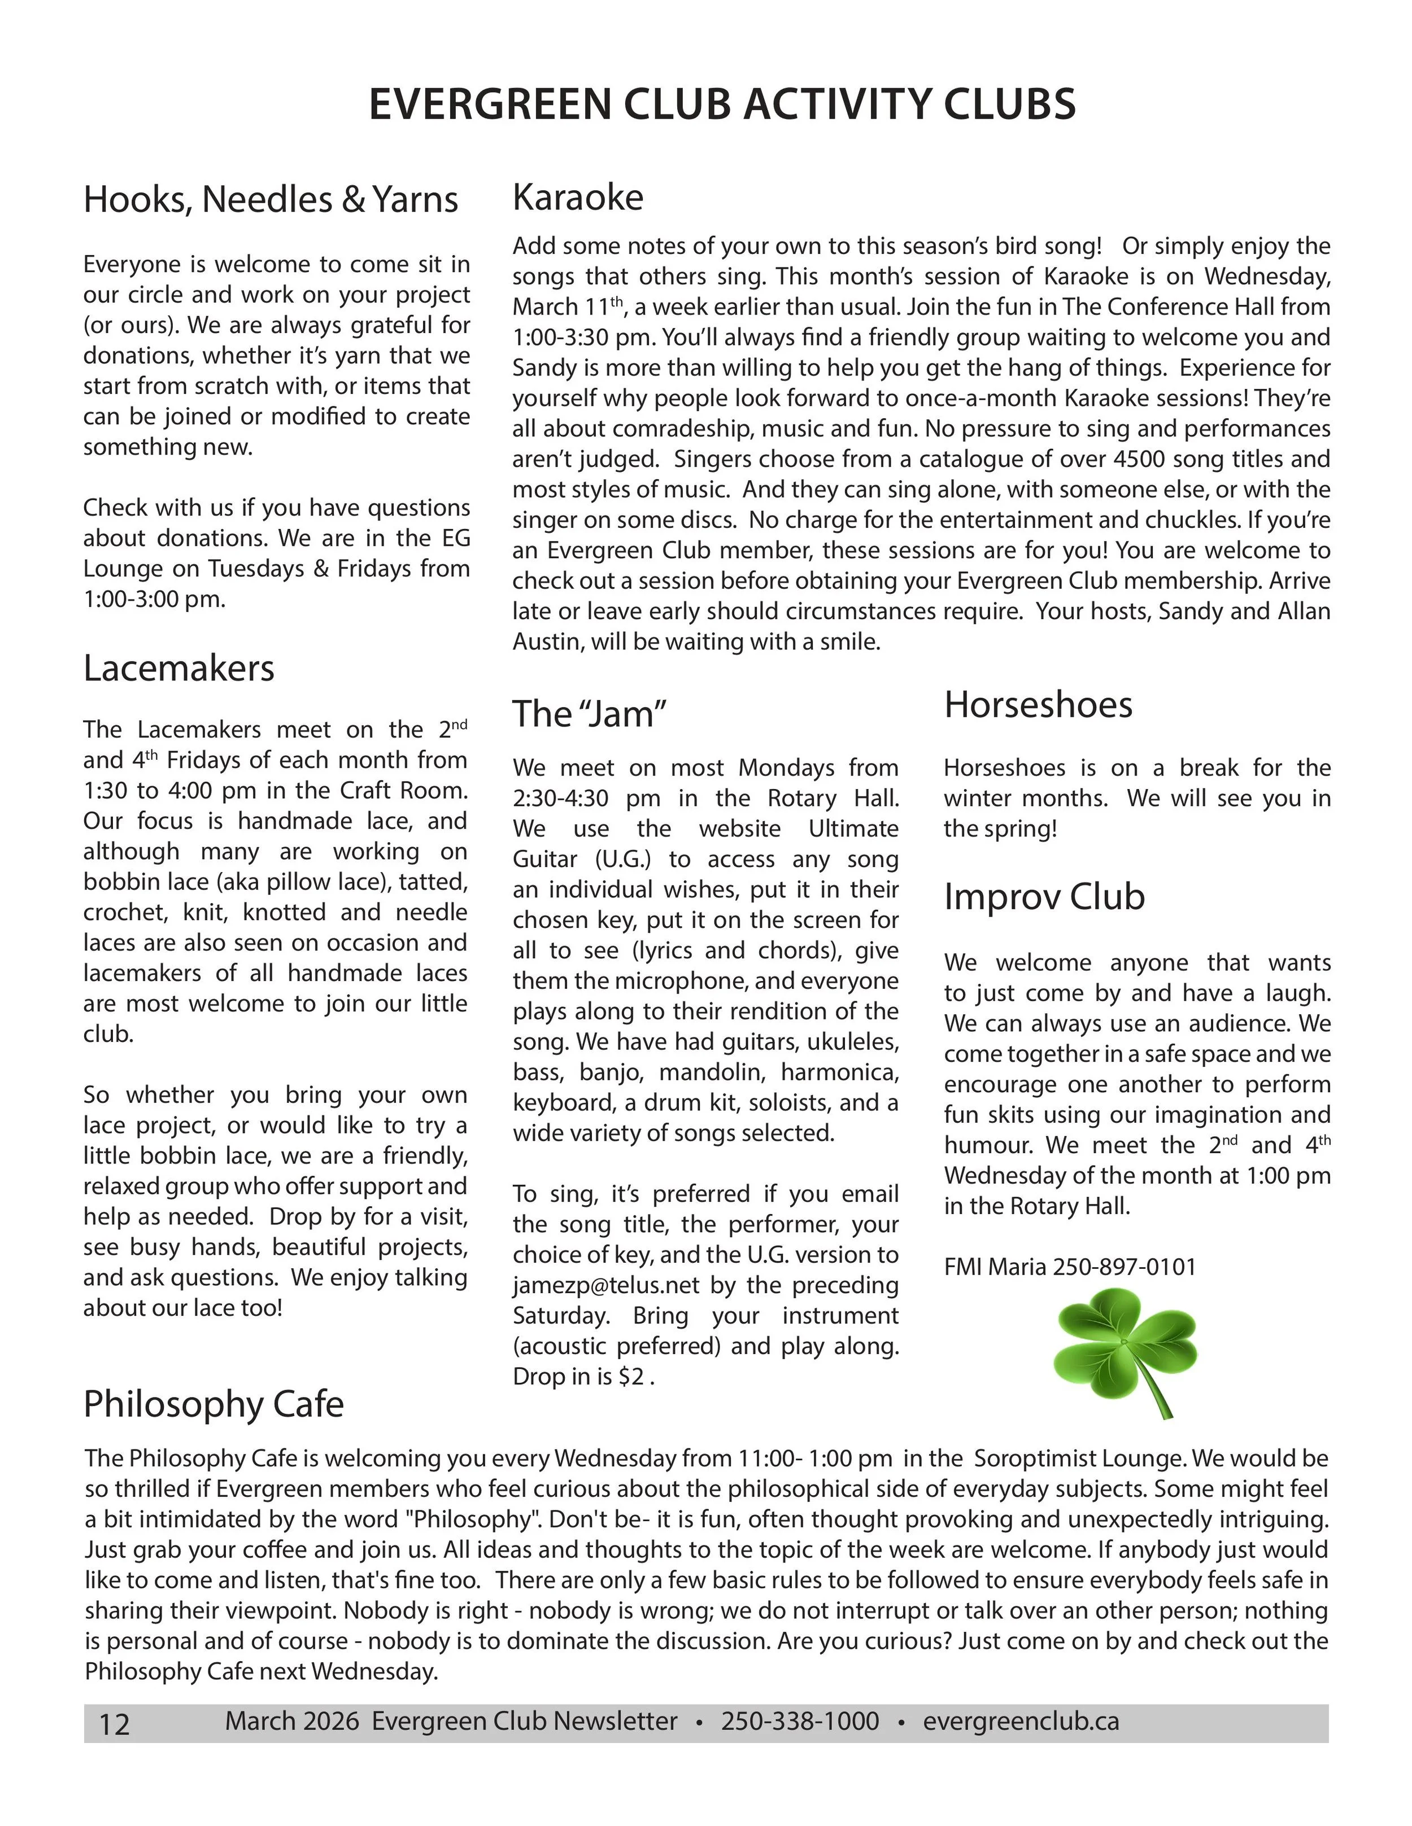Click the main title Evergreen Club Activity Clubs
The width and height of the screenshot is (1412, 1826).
722,104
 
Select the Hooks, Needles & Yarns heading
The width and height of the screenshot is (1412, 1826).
271,200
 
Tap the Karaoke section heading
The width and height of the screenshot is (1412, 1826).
578,198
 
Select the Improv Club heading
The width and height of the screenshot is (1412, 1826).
1044,896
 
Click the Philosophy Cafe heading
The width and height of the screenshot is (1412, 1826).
213,1404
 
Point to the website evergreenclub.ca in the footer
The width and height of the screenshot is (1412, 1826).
1021,1722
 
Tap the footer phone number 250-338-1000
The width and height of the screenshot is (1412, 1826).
800,1722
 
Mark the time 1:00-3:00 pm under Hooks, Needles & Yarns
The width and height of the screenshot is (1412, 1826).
154,599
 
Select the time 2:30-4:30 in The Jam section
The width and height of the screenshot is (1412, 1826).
560,799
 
